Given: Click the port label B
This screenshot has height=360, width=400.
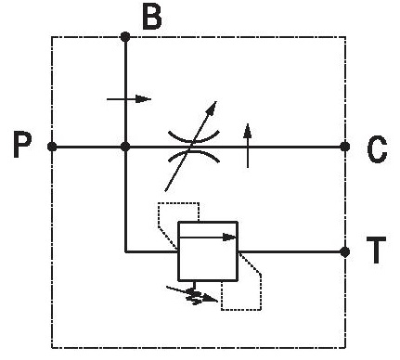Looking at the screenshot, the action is pyautogui.click(x=152, y=18).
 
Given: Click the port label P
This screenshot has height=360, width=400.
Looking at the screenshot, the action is pyautogui.click(x=22, y=144).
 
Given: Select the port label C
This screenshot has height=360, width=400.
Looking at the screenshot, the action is pyautogui.click(x=377, y=149).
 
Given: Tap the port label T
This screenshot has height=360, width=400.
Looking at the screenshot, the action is pyautogui.click(x=376, y=250).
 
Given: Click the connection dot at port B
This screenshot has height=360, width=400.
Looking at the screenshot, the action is pyautogui.click(x=125, y=37).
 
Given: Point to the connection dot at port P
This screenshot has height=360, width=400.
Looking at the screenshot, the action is pyautogui.click(x=52, y=147).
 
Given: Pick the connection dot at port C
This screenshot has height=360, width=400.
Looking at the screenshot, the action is pyautogui.click(x=345, y=147).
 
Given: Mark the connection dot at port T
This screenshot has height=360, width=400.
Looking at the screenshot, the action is pyautogui.click(x=344, y=251).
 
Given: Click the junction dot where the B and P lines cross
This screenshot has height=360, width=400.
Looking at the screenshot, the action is pyautogui.click(x=125, y=147).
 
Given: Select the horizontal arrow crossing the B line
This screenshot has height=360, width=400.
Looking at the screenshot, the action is pyautogui.click(x=129, y=99).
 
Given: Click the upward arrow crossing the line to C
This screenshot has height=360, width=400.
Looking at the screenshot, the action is pyautogui.click(x=248, y=146).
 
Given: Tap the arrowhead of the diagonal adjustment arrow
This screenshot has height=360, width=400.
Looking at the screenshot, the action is pyautogui.click(x=212, y=108).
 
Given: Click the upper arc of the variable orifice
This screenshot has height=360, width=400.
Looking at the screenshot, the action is pyautogui.click(x=194, y=138).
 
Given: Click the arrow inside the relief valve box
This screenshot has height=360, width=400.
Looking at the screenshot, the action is pyautogui.click(x=208, y=238).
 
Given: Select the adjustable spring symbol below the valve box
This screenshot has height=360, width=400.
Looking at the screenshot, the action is pyautogui.click(x=193, y=294).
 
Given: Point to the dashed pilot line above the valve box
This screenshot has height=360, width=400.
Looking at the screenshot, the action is pyautogui.click(x=179, y=203).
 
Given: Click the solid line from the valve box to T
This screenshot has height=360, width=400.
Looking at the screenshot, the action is pyautogui.click(x=291, y=251).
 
